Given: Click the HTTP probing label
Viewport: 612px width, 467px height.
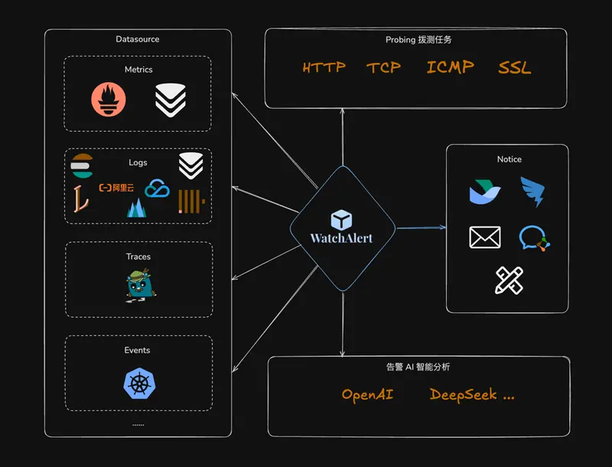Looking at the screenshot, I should [x=324, y=67].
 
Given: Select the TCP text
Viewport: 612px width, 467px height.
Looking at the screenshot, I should [x=383, y=67].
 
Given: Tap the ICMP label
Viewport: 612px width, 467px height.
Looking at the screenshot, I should [x=450, y=67].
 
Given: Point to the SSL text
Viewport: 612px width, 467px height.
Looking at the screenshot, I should [x=515, y=67].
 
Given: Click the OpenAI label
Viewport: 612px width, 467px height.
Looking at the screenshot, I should [x=367, y=395].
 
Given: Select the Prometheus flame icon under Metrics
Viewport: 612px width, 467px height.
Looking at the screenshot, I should [x=109, y=100].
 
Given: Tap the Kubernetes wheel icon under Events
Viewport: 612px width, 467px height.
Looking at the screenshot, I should [x=138, y=384].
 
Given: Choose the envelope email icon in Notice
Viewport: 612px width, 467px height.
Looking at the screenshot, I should [x=485, y=237].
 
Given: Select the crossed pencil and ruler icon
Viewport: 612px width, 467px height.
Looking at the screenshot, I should [x=509, y=280].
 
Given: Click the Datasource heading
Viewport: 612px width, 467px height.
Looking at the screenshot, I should [x=138, y=39].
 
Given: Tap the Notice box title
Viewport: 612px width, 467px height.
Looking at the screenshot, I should [x=509, y=159].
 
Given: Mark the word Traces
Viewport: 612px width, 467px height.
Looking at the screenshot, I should [x=138, y=256].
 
